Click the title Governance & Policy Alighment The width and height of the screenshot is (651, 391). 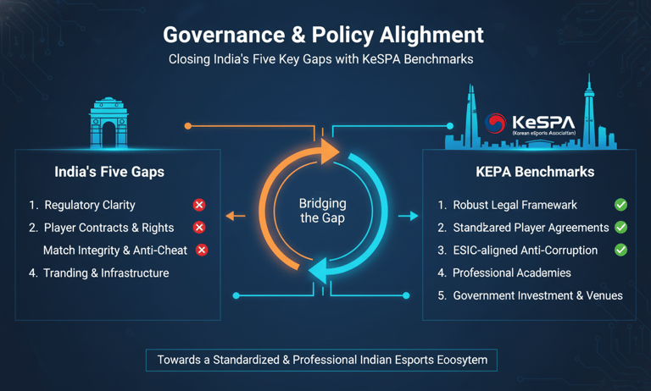click(x=323, y=35)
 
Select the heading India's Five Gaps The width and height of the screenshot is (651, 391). click(x=109, y=172)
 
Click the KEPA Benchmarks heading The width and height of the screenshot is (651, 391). click(x=535, y=172)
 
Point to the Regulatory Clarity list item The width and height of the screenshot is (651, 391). click(x=89, y=205)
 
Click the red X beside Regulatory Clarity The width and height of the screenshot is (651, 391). click(x=199, y=205)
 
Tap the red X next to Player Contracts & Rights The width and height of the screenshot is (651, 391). click(x=199, y=228)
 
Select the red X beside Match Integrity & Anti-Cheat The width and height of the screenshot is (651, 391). click(x=202, y=250)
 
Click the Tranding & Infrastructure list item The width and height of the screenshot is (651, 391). click(x=106, y=273)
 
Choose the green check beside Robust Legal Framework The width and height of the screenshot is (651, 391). click(x=621, y=205)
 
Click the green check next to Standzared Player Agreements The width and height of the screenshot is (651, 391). click(x=621, y=228)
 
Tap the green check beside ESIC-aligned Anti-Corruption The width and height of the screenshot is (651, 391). click(x=621, y=250)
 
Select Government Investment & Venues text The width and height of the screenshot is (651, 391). click(x=537, y=295)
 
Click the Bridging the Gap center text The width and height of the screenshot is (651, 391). click(x=322, y=211)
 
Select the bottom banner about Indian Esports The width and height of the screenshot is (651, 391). click(x=322, y=360)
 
